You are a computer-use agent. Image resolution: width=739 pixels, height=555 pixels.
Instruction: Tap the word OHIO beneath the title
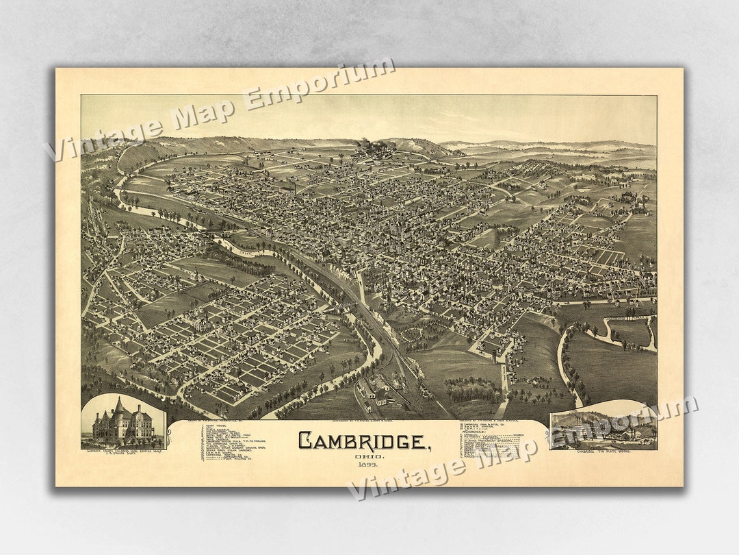[364, 456]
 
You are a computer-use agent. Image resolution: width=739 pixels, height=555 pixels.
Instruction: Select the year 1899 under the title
[364, 465]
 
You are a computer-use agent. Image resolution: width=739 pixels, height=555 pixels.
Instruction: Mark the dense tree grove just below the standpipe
[474, 390]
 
